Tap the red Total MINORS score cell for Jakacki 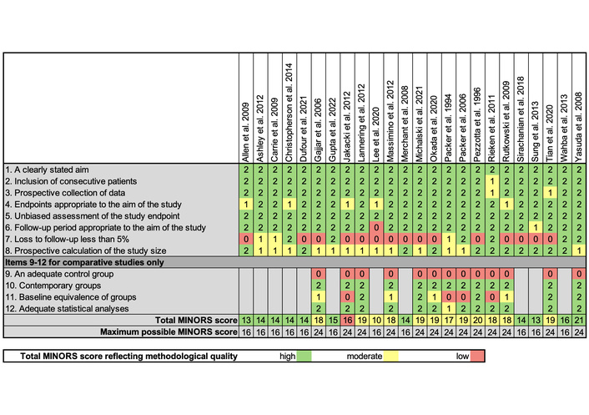click(x=347, y=320)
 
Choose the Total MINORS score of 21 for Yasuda click(x=580, y=320)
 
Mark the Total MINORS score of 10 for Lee click(x=376, y=320)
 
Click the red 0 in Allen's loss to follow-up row click(x=246, y=237)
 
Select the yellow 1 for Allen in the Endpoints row click(x=246, y=203)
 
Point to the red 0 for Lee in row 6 click(x=376, y=226)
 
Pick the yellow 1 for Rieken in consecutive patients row click(x=492, y=180)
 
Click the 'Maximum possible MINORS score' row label click(x=167, y=331)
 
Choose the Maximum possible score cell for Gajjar click(x=318, y=331)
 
